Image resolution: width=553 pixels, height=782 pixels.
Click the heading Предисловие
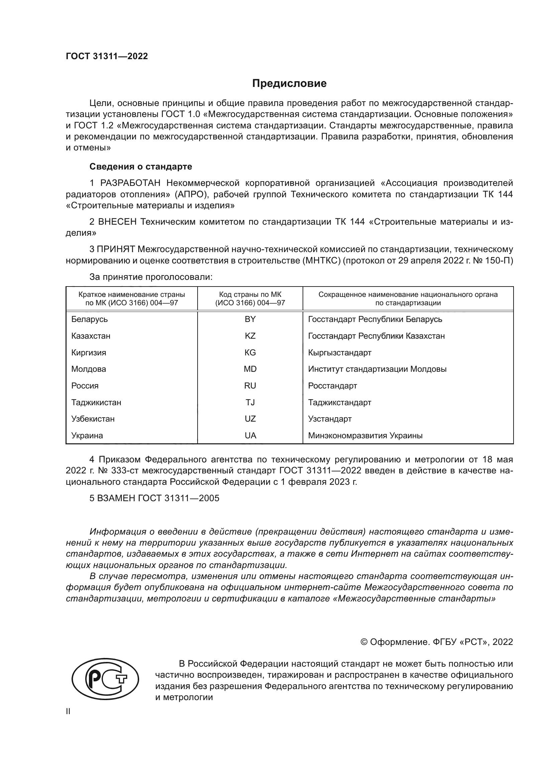pos(289,84)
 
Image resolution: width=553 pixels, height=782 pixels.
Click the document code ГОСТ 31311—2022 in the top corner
pos(107,57)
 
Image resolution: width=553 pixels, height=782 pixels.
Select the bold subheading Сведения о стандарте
pos(141,166)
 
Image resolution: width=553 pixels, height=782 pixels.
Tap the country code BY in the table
pos(250,319)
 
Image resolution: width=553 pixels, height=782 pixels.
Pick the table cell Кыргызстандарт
pos(339,352)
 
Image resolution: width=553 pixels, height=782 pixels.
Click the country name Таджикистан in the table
pos(96,402)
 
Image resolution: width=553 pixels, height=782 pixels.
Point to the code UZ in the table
pos(250,419)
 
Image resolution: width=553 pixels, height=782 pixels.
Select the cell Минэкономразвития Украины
pos(365,436)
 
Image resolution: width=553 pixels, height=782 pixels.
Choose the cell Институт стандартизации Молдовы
pos(377,369)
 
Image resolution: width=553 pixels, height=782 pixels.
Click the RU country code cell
pos(250,385)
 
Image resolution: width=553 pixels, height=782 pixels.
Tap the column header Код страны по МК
pos(250,295)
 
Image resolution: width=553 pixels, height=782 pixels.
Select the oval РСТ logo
pos(105,678)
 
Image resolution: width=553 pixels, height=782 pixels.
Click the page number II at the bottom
pos(68,711)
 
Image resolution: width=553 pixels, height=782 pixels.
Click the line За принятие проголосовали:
pos(151,277)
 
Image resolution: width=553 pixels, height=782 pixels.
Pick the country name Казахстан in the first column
pos(91,336)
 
